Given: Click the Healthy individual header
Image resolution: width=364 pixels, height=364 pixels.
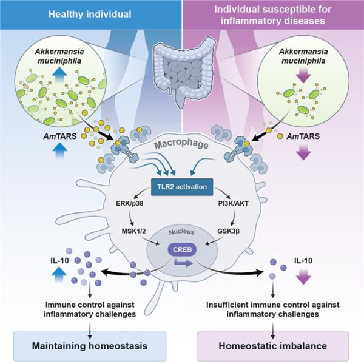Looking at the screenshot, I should coord(91,14).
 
